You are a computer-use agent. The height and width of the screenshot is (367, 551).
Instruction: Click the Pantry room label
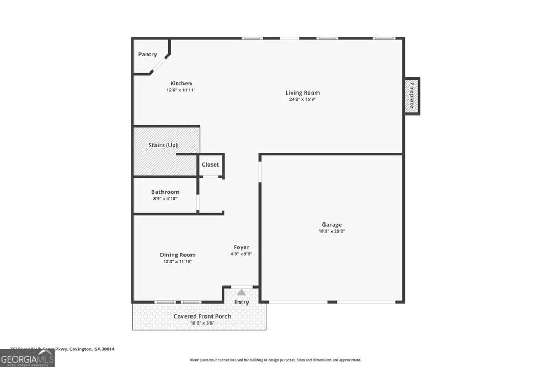[147, 54]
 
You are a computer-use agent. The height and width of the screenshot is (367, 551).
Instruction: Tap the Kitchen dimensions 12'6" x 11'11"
[181, 90]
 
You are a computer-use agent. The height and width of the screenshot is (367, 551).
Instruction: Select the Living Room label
[302, 93]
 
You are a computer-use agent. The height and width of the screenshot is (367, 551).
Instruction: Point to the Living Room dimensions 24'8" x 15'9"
[302, 99]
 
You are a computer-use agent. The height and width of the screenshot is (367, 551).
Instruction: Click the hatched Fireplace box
[412, 96]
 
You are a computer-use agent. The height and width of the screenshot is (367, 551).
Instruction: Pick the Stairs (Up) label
[163, 145]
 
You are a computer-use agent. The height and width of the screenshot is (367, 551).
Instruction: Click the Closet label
[210, 164]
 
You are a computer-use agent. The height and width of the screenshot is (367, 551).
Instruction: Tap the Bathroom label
[165, 192]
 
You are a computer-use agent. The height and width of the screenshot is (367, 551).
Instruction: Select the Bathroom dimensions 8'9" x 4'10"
[165, 199]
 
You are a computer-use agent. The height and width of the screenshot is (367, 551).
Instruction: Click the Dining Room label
[178, 255]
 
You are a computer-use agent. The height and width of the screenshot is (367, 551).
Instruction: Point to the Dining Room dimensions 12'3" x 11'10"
[178, 262]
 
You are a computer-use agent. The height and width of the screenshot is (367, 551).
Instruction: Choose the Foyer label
[241, 247]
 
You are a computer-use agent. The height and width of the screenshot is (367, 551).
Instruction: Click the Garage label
[331, 225]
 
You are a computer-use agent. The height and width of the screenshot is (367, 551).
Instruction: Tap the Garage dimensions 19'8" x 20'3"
[331, 232]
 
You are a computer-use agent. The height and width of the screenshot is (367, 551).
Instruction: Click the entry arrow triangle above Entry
[242, 292]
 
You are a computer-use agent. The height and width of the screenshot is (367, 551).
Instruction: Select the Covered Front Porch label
[202, 316]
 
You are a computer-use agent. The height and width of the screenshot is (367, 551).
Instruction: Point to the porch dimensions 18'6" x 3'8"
[202, 323]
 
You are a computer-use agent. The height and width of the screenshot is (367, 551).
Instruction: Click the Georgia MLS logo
[27, 358]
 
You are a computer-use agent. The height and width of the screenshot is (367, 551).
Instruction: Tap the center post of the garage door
[332, 302]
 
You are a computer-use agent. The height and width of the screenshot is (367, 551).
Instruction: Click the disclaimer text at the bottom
[275, 360]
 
